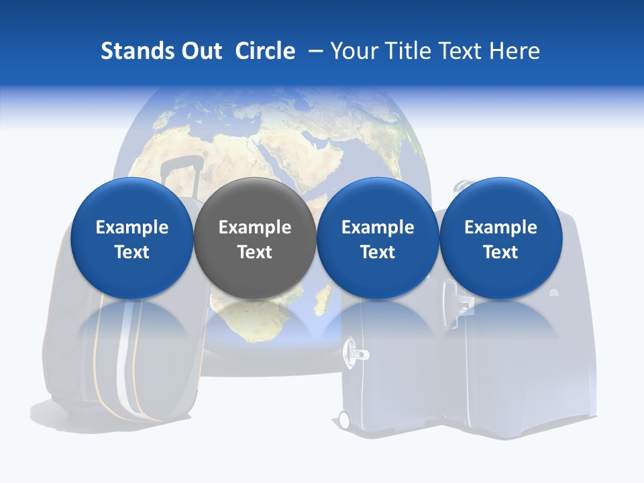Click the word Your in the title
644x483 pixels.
352,51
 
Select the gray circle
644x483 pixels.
254,238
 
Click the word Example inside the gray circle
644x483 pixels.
254,227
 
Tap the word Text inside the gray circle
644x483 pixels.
254,252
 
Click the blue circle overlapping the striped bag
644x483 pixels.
131,238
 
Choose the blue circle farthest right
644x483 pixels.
500,238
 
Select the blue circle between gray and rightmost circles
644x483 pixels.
378,238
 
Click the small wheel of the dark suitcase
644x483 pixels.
344,419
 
